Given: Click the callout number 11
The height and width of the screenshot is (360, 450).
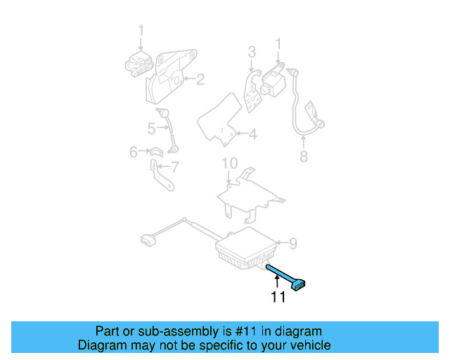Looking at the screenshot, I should [x=278, y=297].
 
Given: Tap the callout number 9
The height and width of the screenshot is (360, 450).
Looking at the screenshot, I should [x=293, y=243].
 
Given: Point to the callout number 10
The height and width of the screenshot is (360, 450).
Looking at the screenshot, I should [x=229, y=164].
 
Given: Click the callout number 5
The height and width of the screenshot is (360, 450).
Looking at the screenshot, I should [x=151, y=128].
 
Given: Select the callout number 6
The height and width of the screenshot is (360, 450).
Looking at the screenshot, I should [x=134, y=151].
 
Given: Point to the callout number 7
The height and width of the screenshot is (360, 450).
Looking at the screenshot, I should [x=175, y=167].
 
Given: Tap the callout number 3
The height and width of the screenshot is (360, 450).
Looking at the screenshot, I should [x=251, y=51].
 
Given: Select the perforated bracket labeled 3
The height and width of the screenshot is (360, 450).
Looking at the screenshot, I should [x=250, y=91].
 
